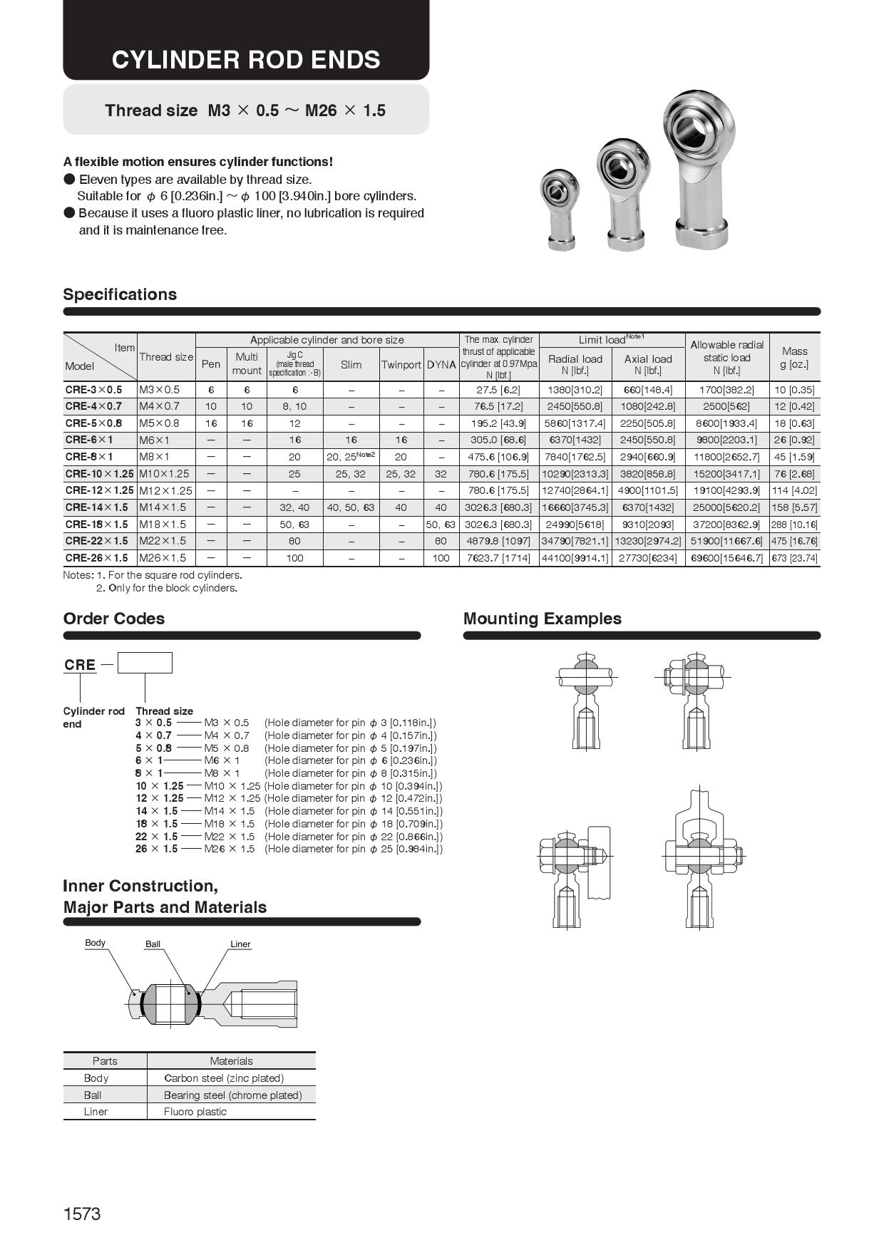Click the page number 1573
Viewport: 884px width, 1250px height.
(x=82, y=1214)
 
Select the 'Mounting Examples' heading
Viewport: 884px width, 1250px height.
(x=542, y=619)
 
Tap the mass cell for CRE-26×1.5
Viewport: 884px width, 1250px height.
(x=794, y=558)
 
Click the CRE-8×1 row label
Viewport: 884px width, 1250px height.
(x=89, y=457)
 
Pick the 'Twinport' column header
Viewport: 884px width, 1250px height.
(x=401, y=365)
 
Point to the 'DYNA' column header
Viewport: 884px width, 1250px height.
(x=441, y=365)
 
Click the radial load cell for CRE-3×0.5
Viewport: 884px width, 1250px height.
(x=575, y=390)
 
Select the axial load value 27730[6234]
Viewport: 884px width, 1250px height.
(x=648, y=558)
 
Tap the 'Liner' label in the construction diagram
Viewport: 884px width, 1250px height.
(x=240, y=944)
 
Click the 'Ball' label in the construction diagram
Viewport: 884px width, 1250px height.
(x=153, y=944)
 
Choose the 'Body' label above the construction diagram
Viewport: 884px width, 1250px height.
(x=95, y=943)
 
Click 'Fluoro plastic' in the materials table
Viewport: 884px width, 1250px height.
(x=195, y=1112)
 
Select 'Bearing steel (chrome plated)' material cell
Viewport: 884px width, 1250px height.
(x=232, y=1095)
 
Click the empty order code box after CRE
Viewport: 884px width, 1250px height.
(x=145, y=663)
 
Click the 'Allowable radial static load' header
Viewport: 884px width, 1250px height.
(x=726, y=357)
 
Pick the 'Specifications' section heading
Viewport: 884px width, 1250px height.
(x=120, y=294)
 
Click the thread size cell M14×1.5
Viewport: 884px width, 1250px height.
(x=163, y=507)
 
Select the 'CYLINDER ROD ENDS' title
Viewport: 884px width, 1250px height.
(x=246, y=60)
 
